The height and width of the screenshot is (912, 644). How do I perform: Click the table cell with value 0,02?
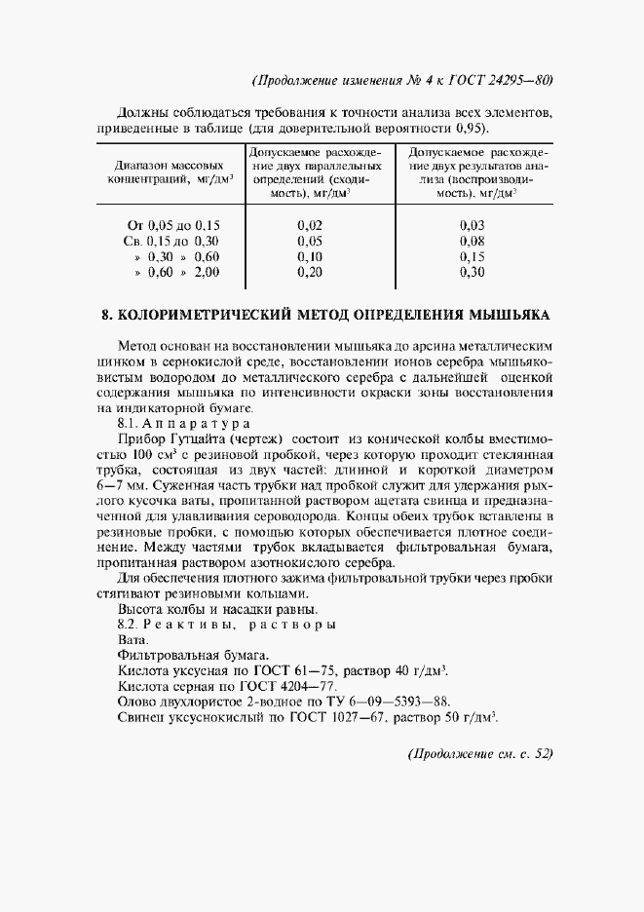point(310,225)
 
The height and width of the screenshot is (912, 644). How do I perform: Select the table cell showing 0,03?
point(472,225)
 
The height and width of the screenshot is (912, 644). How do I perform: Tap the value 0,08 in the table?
point(472,241)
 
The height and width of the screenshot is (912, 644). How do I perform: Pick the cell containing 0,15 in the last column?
point(472,256)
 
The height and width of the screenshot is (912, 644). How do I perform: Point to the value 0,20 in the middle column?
point(310,272)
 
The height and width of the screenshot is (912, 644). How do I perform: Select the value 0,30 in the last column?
point(472,272)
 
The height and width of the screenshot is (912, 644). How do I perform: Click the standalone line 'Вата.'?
point(132,640)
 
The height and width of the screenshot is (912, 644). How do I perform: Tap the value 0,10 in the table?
point(310,256)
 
